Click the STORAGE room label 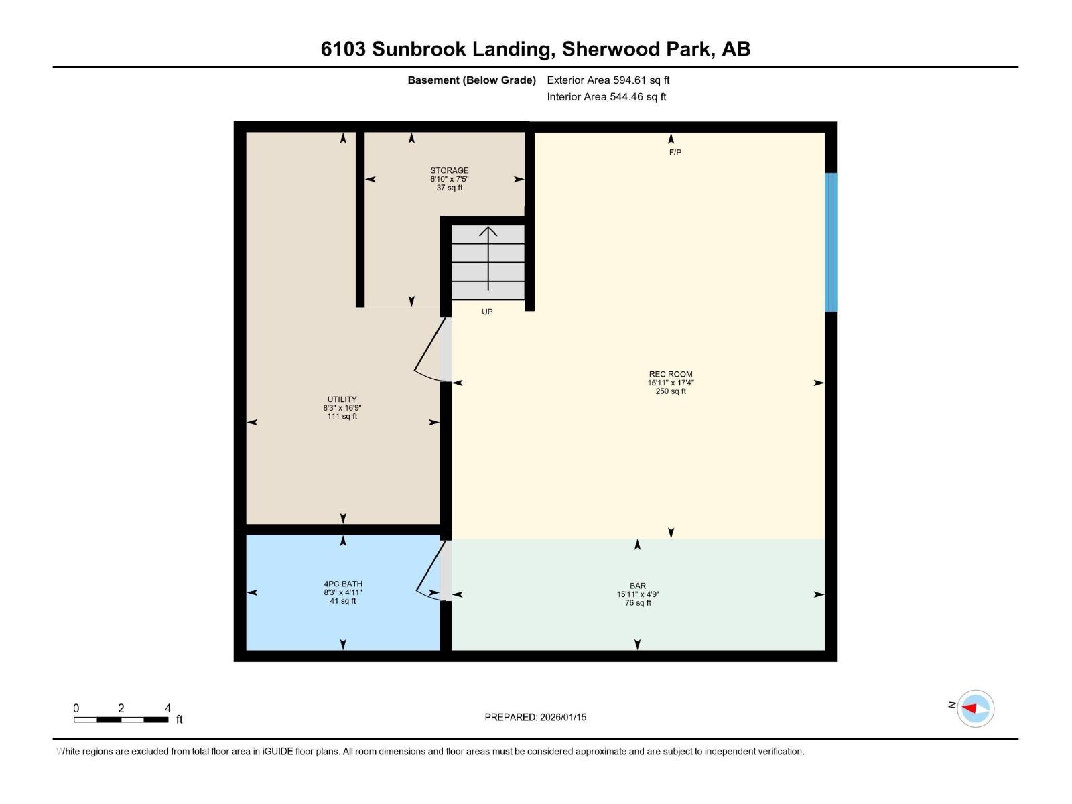(x=449, y=171)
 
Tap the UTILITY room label (x=342, y=399)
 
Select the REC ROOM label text (x=671, y=375)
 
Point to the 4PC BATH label (x=343, y=584)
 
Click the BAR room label (x=637, y=586)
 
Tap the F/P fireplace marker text (x=675, y=153)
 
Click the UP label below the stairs (x=487, y=312)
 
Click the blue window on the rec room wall (x=831, y=242)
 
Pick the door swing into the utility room (x=429, y=352)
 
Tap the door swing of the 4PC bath (x=429, y=573)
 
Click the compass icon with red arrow (x=975, y=708)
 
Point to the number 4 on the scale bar (x=167, y=708)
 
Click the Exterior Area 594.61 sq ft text (x=608, y=80)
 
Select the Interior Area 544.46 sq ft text (x=606, y=97)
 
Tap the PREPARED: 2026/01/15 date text (x=535, y=717)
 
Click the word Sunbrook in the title (x=417, y=49)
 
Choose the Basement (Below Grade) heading (x=472, y=80)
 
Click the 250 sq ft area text (x=671, y=391)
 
